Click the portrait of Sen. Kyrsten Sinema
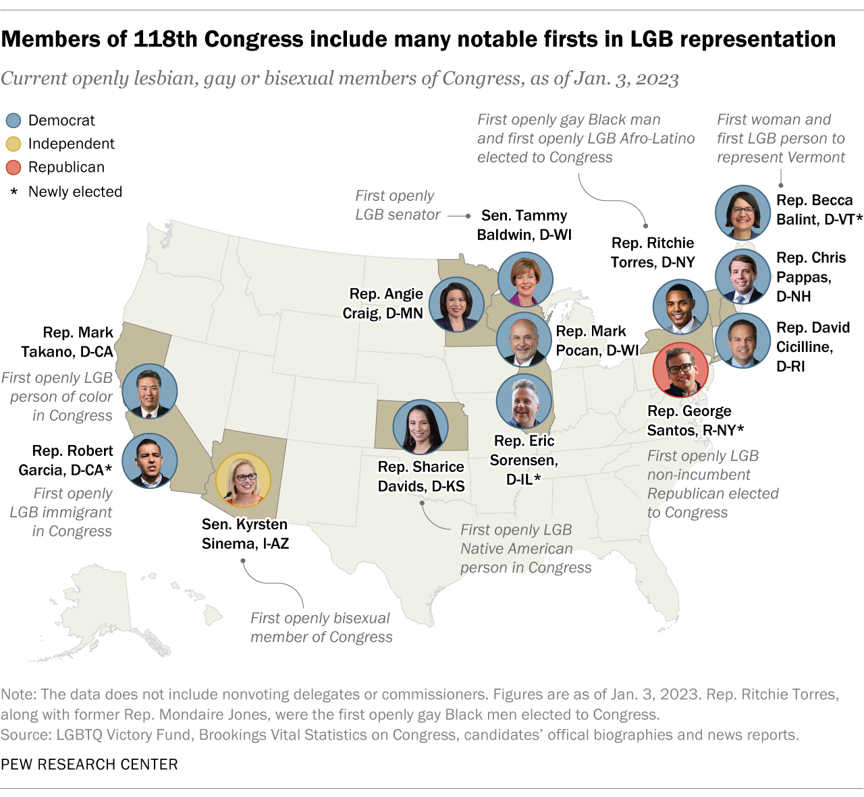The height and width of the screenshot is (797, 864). pos(243,480)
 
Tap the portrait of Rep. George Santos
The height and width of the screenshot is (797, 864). pos(680,370)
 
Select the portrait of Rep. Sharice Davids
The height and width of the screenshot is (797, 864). pos(421,427)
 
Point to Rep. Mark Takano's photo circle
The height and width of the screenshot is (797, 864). pos(150,392)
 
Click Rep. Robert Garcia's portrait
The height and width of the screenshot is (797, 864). pos(150,461)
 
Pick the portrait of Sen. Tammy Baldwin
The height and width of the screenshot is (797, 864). pos(525,280)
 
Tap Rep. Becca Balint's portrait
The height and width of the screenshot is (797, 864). pos(742,213)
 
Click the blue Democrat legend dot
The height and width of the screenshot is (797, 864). pos(13,121)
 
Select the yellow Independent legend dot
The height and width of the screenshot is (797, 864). pos(13,144)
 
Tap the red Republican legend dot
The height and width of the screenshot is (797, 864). pos(13,168)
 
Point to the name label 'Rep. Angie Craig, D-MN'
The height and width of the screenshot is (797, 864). pos(383,303)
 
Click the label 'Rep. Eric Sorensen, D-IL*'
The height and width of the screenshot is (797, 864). pos(524,460)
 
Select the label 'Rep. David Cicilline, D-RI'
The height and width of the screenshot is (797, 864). pos(813,347)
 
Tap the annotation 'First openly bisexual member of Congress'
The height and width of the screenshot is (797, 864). pos(321,628)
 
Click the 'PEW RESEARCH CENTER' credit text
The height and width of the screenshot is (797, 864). pos(89,764)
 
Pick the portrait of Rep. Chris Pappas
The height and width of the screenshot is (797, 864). pos(742,276)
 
